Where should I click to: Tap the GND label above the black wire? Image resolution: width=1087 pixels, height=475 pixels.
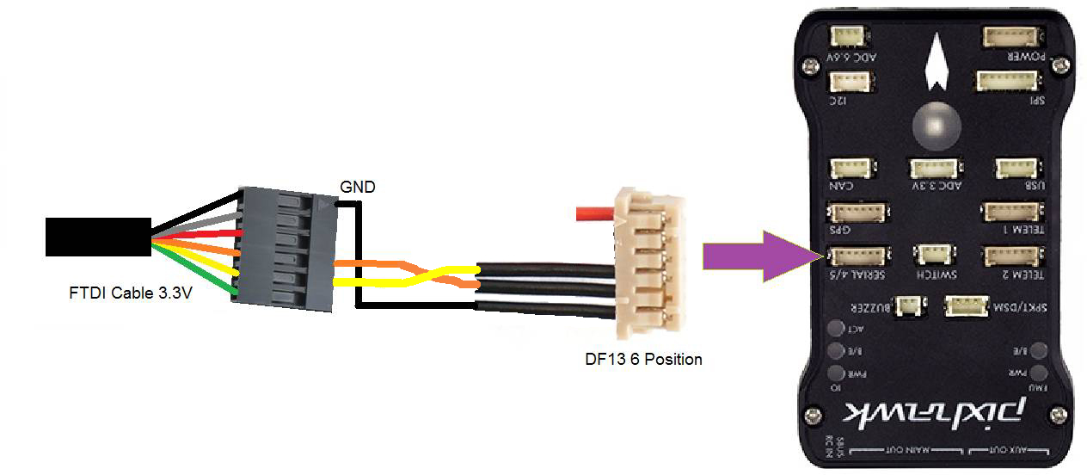(357, 187)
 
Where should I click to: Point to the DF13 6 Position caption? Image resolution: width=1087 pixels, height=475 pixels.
(643, 359)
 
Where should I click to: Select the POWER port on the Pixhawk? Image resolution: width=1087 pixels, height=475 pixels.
(1012, 37)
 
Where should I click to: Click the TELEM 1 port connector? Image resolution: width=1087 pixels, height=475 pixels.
(1011, 212)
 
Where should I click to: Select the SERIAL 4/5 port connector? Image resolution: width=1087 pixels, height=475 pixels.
(857, 255)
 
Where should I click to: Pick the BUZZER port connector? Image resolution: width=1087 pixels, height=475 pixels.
(908, 306)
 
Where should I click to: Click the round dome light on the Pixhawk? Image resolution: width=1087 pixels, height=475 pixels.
(936, 125)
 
